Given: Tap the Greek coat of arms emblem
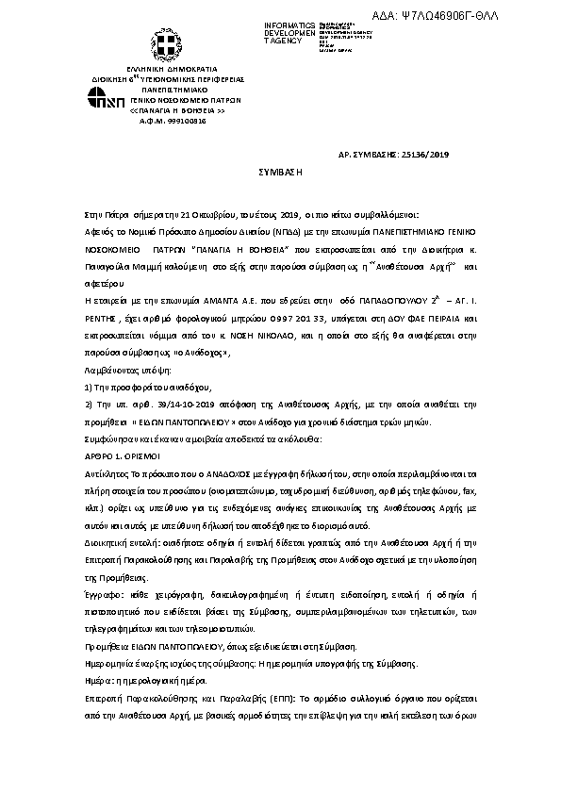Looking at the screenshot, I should tap(168, 46).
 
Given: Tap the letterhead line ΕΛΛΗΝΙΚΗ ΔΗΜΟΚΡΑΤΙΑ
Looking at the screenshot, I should tap(168, 70).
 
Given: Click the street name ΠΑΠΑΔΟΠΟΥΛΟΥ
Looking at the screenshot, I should tap(374, 295).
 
